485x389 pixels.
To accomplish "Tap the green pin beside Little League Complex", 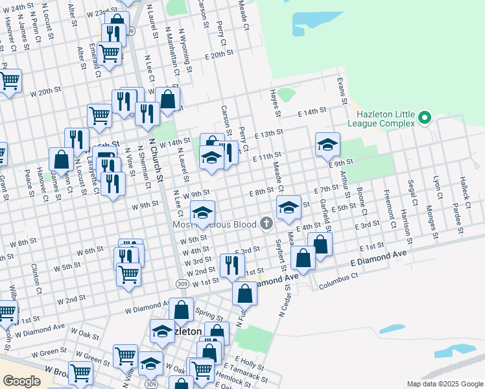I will click(425, 118).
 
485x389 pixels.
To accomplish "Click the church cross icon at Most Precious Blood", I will click(266, 224).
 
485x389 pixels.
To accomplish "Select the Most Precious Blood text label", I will click(214, 224).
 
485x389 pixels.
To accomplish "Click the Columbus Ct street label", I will click(338, 280).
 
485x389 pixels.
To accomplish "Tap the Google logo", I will click(21, 381).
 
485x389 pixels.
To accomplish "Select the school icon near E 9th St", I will click(328, 144).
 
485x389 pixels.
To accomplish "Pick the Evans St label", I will click(340, 90).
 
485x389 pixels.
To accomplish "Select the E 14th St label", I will click(311, 112).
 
